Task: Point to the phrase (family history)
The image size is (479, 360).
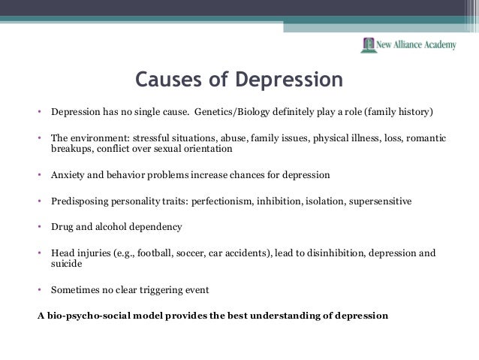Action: [399, 113]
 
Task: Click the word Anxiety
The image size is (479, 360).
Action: [68, 176]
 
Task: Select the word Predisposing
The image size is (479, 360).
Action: [80, 201]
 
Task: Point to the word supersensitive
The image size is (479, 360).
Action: [375, 201]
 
